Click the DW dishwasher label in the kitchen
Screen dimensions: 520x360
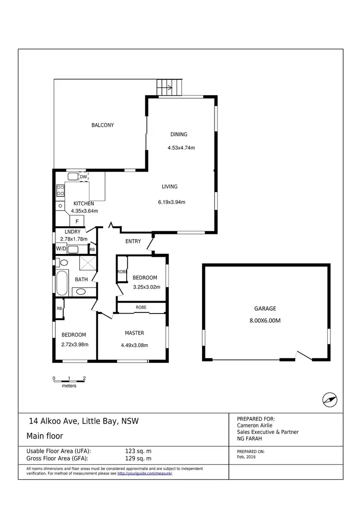tap(84, 177)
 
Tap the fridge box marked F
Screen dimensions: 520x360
tap(77, 221)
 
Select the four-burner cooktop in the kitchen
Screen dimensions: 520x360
tap(61, 190)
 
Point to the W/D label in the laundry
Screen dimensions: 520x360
tap(61, 249)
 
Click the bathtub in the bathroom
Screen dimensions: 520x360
tap(62, 283)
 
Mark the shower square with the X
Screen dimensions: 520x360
tap(87, 264)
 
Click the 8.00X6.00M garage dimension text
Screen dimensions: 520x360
tap(265, 321)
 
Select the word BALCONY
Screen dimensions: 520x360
tap(103, 125)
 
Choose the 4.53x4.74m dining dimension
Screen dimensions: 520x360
tap(181, 148)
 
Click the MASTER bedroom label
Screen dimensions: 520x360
tap(134, 333)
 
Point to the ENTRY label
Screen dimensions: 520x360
tap(133, 241)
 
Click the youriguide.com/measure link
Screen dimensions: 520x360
tap(144, 473)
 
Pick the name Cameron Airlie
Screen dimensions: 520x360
tap(255, 425)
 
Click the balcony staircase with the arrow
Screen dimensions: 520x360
tap(169, 88)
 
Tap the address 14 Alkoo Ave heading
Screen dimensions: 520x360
tap(84, 422)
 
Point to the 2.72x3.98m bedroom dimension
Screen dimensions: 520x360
tap(75, 344)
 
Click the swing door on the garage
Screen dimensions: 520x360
tap(304, 356)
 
